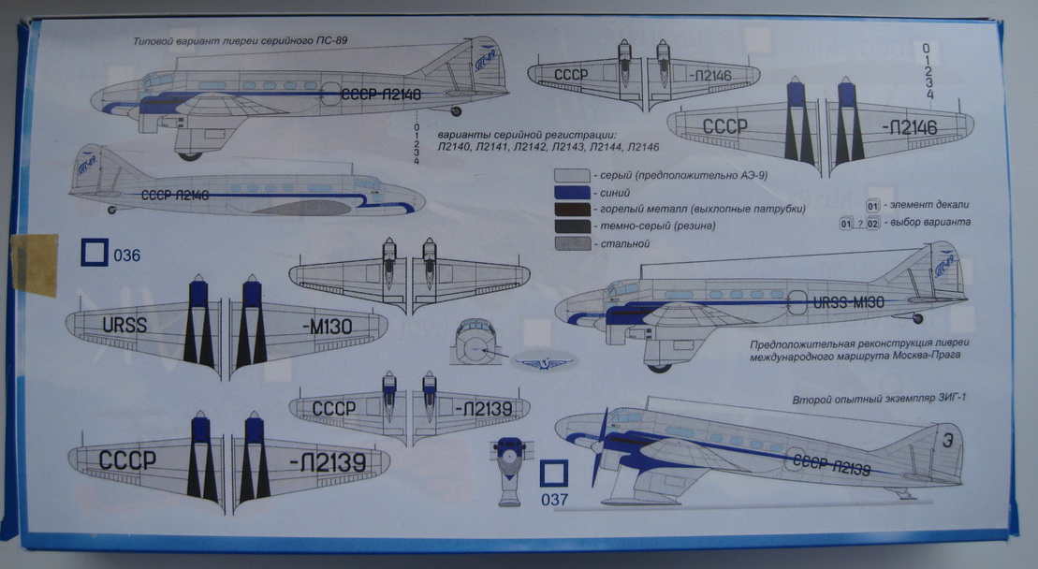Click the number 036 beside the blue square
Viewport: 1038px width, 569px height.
pos(126,255)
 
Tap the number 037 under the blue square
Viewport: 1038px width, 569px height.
pos(554,500)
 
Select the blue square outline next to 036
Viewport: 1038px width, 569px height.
pos(95,253)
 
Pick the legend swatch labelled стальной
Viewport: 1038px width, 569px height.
pos(571,243)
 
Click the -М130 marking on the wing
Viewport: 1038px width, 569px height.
pos(329,326)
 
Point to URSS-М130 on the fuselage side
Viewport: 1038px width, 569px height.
pos(847,302)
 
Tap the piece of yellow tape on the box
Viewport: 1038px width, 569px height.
pos(36,266)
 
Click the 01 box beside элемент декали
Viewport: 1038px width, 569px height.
pos(872,204)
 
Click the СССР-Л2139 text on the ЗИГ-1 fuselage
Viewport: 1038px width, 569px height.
pos(831,463)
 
